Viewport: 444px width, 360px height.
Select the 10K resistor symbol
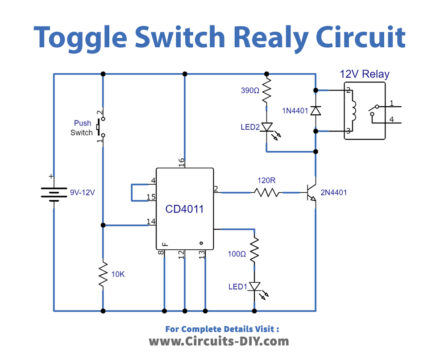[101, 273]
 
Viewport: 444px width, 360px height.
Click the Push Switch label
[83, 128]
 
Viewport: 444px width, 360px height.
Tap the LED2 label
[250, 127]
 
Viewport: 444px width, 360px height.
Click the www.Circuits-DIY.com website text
[221, 340]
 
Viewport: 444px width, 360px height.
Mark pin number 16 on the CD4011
[182, 160]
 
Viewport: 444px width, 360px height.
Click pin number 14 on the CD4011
[150, 221]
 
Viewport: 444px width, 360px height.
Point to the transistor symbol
[312, 190]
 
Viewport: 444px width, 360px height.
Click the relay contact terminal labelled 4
[391, 121]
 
